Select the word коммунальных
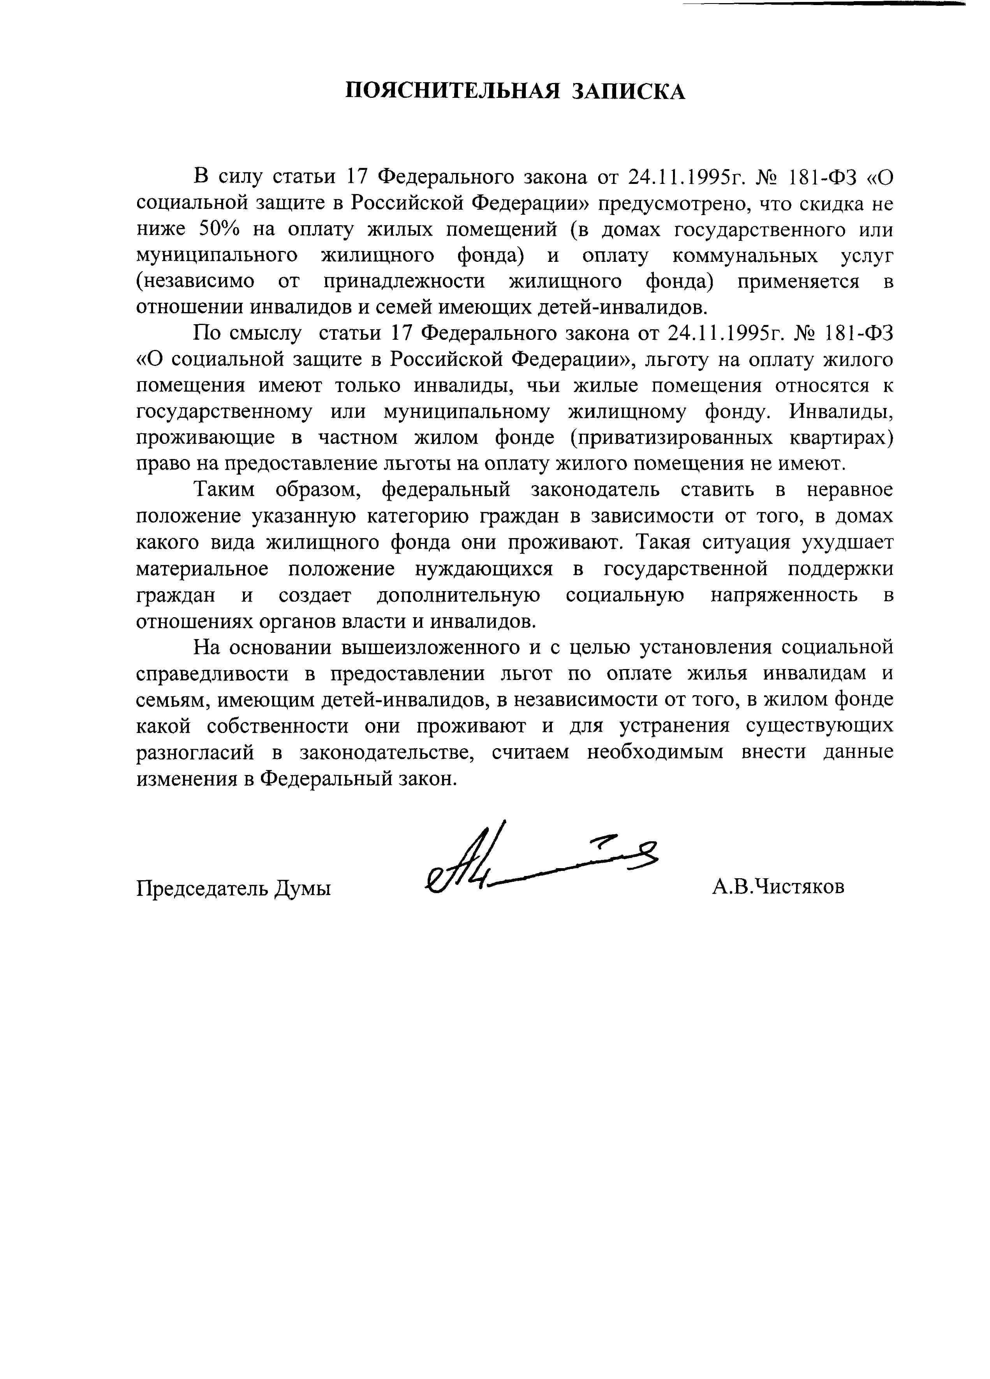(x=745, y=256)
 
